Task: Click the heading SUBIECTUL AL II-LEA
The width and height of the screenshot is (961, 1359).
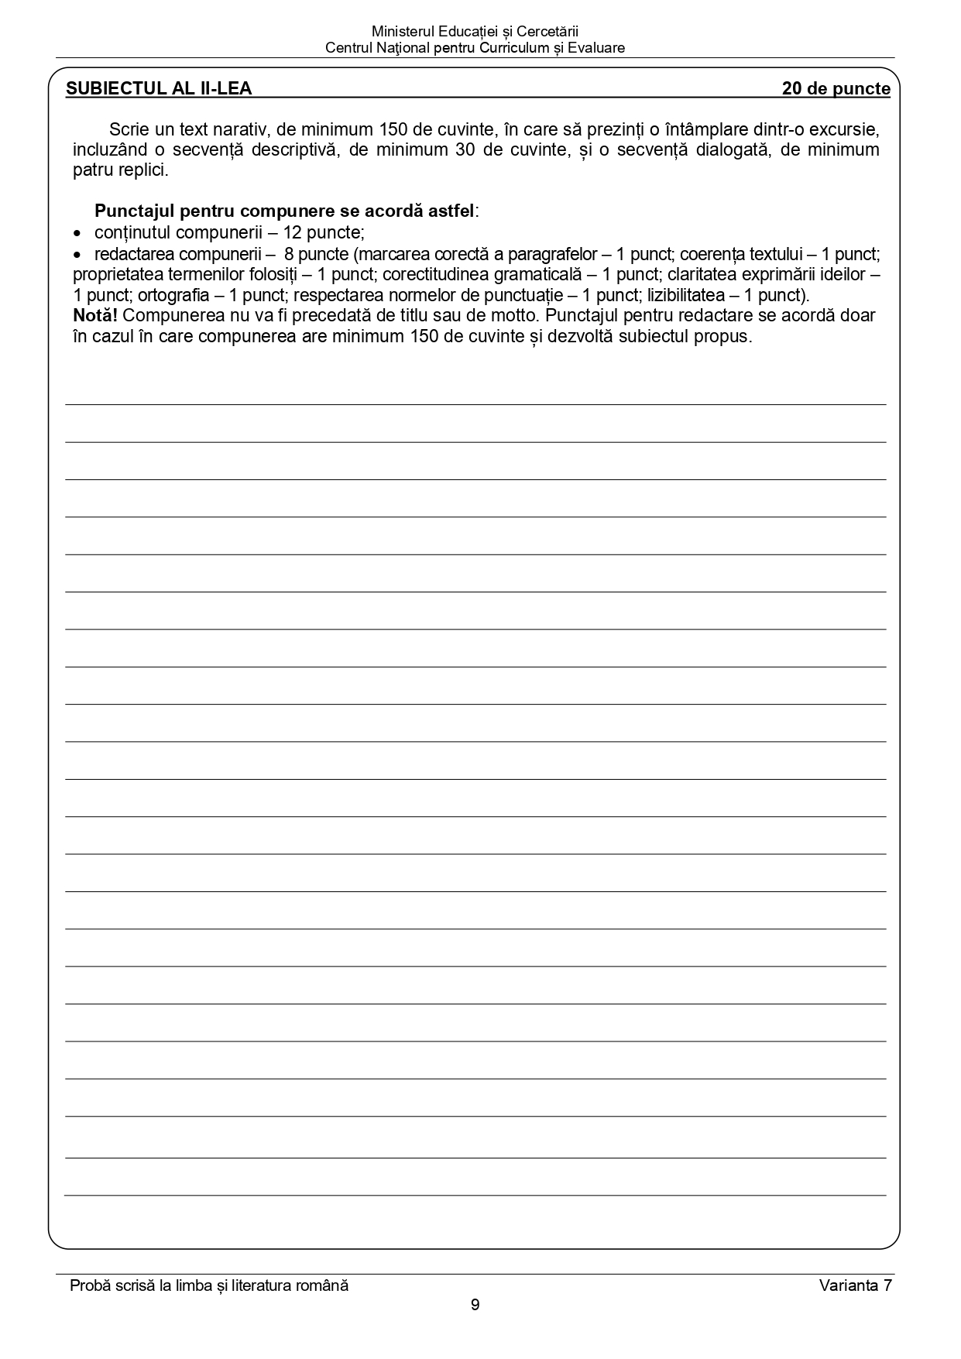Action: coord(159,88)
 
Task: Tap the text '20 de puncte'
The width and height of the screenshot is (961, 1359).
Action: coord(836,88)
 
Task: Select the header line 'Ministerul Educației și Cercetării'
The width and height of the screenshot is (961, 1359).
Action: coord(475,32)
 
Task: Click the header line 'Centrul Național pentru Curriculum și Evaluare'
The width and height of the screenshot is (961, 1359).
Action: coord(475,48)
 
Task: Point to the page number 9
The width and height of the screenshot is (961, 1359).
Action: coord(475,1305)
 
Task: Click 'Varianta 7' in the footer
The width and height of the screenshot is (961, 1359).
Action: coord(855,1285)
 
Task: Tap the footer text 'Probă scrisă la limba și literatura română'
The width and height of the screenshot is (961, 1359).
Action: coord(209,1285)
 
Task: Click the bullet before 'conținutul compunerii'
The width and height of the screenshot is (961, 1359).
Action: coord(77,233)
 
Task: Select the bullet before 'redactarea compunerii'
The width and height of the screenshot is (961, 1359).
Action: coord(77,255)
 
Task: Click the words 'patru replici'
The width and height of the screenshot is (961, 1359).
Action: coord(120,170)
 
